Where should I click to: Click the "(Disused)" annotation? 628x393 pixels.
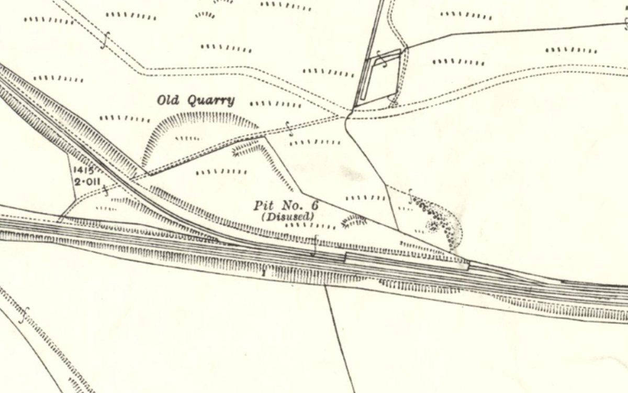click(288, 216)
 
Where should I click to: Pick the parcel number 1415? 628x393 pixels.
click(83, 170)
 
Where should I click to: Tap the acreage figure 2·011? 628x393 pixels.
click(86, 182)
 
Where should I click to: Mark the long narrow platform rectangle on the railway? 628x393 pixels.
click(407, 260)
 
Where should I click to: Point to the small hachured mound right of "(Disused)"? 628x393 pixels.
click(354, 222)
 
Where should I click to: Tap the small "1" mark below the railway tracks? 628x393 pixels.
click(264, 273)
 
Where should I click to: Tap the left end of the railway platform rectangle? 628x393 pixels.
click(346, 257)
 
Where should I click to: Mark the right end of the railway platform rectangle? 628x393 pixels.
click(467, 266)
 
